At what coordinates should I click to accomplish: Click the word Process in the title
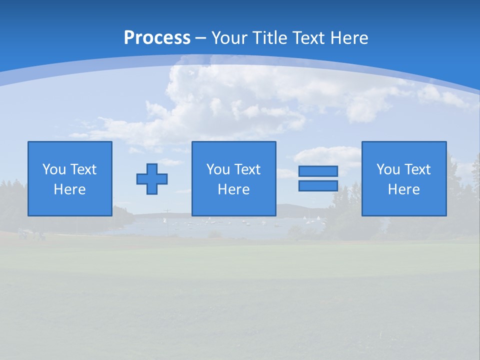(x=157, y=38)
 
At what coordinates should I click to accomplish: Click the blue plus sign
(x=152, y=179)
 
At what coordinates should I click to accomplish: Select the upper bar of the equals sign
(x=318, y=171)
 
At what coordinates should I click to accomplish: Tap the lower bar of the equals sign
(x=318, y=186)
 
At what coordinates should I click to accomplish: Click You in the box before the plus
(x=54, y=169)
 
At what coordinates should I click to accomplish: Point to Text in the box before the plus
(x=83, y=169)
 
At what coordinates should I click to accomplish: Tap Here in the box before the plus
(x=70, y=189)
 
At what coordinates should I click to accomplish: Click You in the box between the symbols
(x=218, y=169)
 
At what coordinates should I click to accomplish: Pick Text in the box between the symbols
(x=247, y=169)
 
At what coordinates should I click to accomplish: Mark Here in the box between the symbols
(x=234, y=189)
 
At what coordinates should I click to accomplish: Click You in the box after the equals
(x=388, y=169)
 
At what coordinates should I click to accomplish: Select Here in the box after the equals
(x=404, y=189)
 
